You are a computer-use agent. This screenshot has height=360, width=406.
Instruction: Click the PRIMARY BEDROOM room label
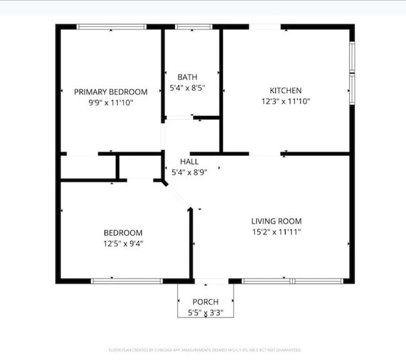(111, 91)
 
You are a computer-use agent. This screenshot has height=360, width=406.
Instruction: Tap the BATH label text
(187, 77)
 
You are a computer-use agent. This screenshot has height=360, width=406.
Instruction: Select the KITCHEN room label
(285, 90)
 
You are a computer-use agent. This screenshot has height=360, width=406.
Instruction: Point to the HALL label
(189, 161)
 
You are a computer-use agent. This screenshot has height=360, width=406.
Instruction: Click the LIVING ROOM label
(276, 221)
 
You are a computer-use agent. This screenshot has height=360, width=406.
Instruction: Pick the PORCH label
(205, 302)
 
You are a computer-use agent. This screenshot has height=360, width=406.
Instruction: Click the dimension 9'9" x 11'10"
(111, 102)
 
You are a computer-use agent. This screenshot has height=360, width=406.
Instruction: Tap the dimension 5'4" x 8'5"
(187, 88)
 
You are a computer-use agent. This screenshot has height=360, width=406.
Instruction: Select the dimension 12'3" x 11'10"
(285, 101)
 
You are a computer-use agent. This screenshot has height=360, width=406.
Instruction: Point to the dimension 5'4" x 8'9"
(189, 171)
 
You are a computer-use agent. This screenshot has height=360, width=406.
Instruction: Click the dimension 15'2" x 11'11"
(276, 232)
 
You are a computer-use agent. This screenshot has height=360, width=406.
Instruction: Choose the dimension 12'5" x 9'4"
(122, 243)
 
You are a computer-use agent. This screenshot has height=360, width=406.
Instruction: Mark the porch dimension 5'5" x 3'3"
(205, 312)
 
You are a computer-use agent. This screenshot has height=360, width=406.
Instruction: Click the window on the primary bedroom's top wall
(111, 27)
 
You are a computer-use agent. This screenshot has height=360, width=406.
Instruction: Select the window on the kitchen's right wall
(352, 72)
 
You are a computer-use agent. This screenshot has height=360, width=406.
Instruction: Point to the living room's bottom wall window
(292, 281)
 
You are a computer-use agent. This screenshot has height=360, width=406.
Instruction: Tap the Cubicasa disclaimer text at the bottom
(204, 350)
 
